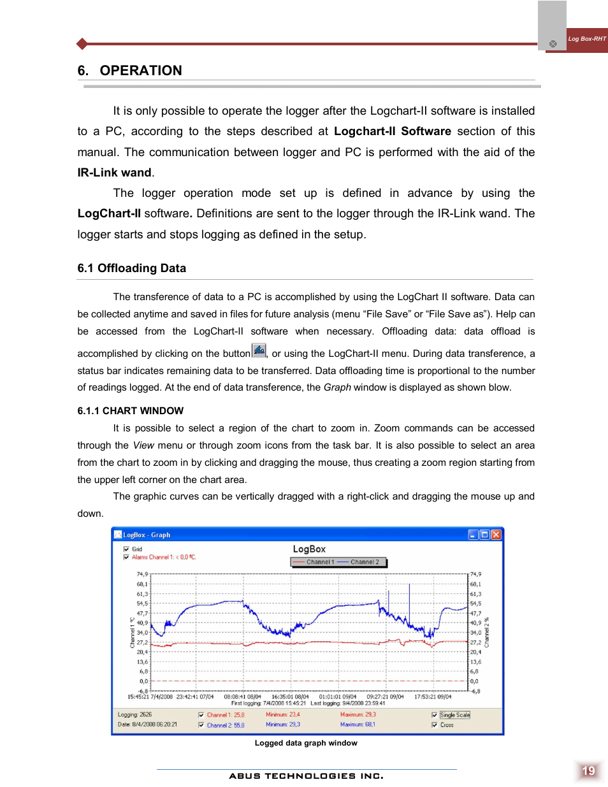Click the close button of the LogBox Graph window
(x=496, y=535)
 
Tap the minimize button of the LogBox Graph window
(x=473, y=535)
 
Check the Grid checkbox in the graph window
(x=126, y=549)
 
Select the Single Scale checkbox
(x=435, y=715)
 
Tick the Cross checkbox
(x=435, y=725)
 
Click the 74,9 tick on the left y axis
(x=141, y=574)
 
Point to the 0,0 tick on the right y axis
(x=474, y=681)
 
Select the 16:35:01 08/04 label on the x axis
(x=290, y=697)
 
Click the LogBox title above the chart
(x=309, y=549)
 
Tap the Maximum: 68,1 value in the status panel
(x=358, y=725)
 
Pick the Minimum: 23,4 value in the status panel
(x=282, y=715)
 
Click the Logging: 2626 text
(x=134, y=715)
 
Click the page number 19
(x=588, y=771)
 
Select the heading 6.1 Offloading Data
(x=132, y=268)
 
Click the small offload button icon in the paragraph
(x=259, y=350)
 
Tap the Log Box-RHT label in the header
(x=586, y=39)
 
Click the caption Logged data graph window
(x=306, y=743)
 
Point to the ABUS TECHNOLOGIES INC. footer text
(x=306, y=776)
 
